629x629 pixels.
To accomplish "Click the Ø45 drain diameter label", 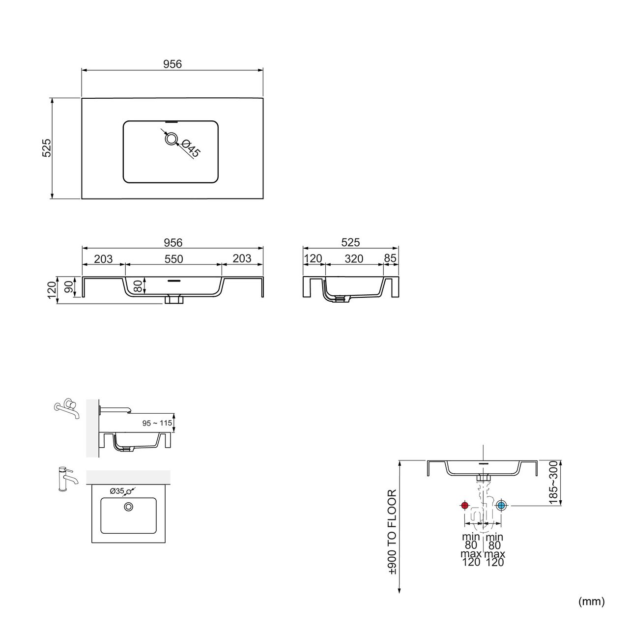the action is pos(190,148).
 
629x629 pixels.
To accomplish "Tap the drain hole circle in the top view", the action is pos(171,139).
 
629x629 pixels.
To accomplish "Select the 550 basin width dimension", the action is pos(173,259).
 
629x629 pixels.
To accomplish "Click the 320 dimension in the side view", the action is pos(354,258).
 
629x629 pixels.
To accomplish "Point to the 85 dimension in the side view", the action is pos(390,258).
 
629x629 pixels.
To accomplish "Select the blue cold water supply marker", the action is pos(501,506).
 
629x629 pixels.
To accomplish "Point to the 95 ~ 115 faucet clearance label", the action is pos(157,423).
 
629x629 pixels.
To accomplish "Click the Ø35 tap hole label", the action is pos(117,491).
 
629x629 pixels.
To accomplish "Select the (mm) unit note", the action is pos(592,601).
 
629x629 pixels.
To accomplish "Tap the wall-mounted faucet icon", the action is pos(67,408).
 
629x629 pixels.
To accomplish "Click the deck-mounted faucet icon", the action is pos(67,479).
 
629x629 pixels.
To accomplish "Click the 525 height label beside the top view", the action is pos(47,148).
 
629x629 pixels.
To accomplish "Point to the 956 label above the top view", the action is pos(172,64).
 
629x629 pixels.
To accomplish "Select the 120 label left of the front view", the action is pos(52,290).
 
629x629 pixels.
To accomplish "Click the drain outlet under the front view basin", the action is pos(173,299).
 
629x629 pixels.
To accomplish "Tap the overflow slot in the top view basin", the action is pos(171,122).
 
